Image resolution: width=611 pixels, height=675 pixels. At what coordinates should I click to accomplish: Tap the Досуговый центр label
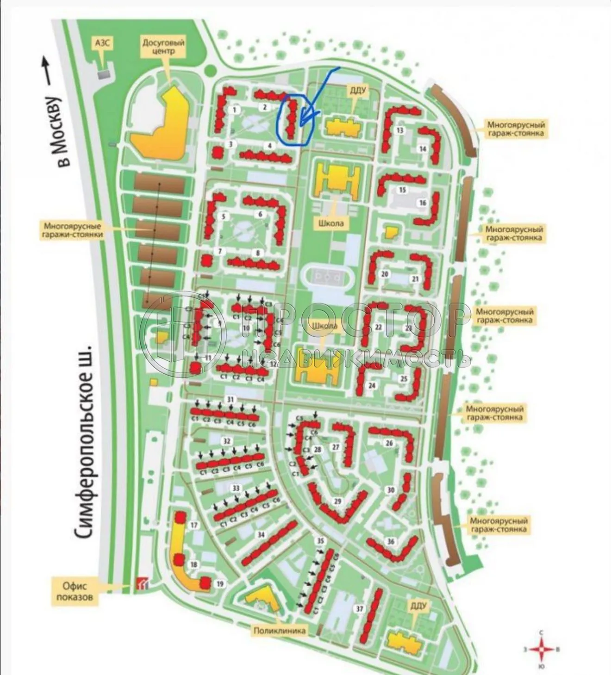click(163, 47)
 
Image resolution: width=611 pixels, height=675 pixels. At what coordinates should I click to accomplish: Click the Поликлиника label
click(279, 630)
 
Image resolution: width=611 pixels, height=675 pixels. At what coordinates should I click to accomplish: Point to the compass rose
click(541, 650)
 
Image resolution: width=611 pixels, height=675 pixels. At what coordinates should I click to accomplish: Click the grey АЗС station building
click(104, 73)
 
